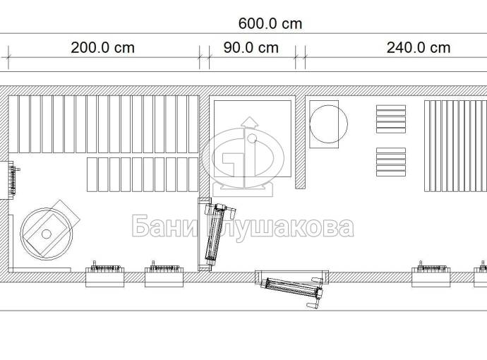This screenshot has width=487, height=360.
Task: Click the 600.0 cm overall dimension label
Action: click(x=270, y=24)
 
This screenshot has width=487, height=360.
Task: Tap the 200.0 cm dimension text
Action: click(x=103, y=48)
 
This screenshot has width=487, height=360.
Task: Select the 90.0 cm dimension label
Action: click(x=251, y=48)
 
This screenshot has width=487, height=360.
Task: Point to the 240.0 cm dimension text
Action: click(x=419, y=48)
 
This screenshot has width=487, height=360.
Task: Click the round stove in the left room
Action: click(x=47, y=234)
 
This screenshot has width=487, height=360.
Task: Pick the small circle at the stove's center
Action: click(x=47, y=234)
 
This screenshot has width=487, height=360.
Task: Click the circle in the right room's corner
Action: click(x=329, y=124)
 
